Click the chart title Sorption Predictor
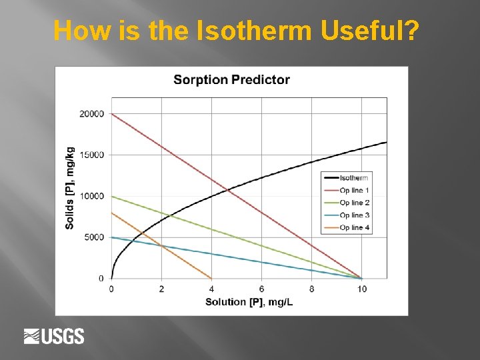(231, 80)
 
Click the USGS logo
(54, 336)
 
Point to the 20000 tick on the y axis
(92, 114)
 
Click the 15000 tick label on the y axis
(92, 155)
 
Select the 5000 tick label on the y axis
(94, 237)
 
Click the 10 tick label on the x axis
(361, 289)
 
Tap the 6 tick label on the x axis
(261, 289)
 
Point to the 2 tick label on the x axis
(161, 289)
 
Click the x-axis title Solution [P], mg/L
(249, 302)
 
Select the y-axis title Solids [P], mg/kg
(70, 188)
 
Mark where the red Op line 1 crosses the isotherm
(228, 191)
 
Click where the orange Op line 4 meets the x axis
(211, 278)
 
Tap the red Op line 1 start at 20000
(112, 114)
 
